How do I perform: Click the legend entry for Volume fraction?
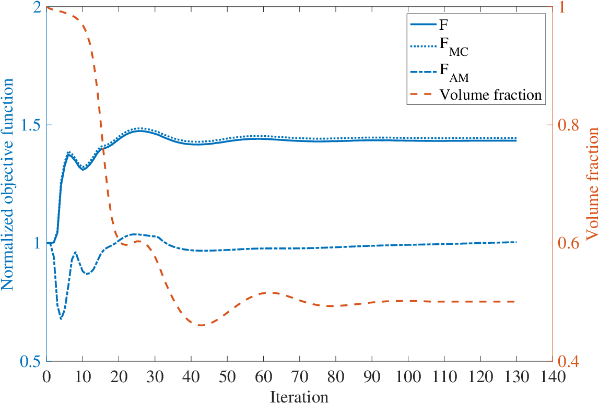pyautogui.click(x=476, y=94)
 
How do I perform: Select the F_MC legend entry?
pyautogui.click(x=439, y=47)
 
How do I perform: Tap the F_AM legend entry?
pyautogui.click(x=439, y=72)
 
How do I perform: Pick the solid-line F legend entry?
pyautogui.click(x=429, y=25)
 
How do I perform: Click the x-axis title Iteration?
pyautogui.click(x=299, y=397)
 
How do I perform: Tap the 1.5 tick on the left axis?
pyautogui.click(x=31, y=125)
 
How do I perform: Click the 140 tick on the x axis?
pyautogui.click(x=553, y=377)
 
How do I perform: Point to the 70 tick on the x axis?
pyautogui.click(x=300, y=377)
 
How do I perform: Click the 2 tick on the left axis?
pyautogui.click(x=37, y=7)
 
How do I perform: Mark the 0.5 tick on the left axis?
pyautogui.click(x=31, y=361)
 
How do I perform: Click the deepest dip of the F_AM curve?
pyautogui.click(x=61, y=318)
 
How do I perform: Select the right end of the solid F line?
pyautogui.click(x=516, y=140)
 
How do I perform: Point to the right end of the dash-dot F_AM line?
pyautogui.click(x=516, y=242)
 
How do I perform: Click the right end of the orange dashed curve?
pyautogui.click(x=516, y=301)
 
